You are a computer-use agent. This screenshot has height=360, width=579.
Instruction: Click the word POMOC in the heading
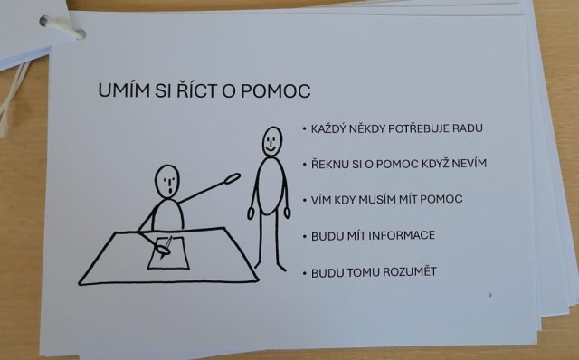275,90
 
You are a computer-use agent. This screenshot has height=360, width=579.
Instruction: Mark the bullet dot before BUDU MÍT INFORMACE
305,236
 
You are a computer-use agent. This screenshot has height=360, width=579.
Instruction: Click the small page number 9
490,295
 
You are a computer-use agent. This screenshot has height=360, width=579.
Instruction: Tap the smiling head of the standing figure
272,141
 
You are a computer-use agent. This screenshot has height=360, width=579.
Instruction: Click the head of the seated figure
167,181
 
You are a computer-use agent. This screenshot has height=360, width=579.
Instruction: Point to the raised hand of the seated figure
233,178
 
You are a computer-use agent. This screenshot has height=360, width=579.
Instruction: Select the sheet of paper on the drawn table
168,253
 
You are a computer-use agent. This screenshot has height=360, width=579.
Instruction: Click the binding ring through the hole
62,27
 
